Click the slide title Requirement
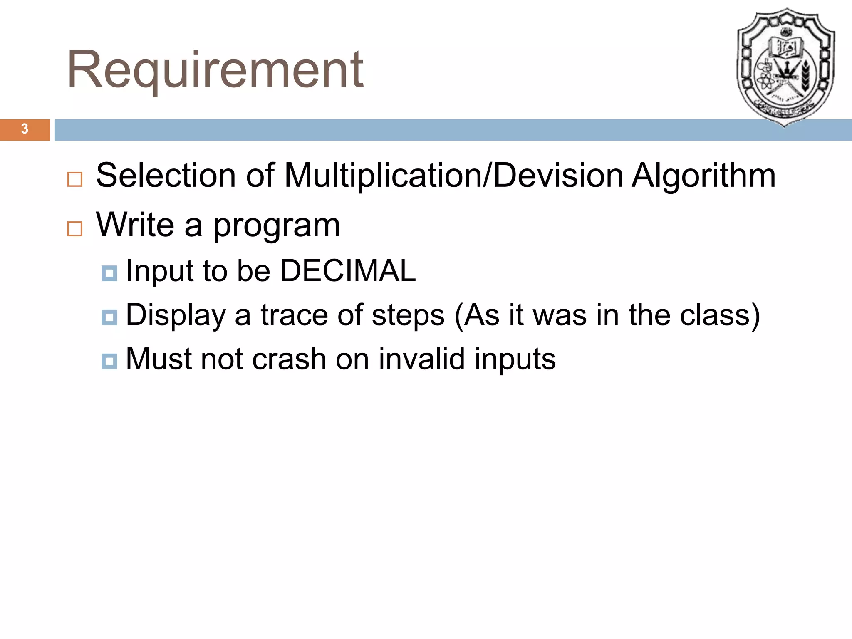[215, 70]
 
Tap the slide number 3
[25, 129]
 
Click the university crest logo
[785, 67]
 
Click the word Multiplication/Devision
[453, 176]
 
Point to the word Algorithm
[703, 176]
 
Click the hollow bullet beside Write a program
[75, 229]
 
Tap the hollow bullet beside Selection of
[75, 179]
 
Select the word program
[277, 226]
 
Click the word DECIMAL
[348, 271]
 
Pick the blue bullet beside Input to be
[109, 273]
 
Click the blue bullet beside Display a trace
[109, 317]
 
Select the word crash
[289, 359]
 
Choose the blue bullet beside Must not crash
[109, 361]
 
